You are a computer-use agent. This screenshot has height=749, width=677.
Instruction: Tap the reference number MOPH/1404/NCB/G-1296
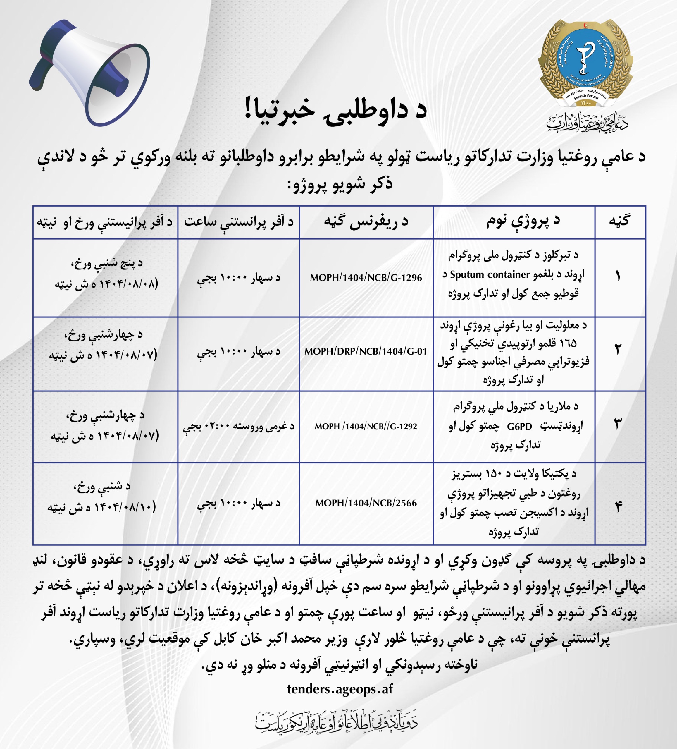click(x=366, y=278)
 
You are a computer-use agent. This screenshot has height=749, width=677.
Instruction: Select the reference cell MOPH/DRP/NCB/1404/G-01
click(x=366, y=351)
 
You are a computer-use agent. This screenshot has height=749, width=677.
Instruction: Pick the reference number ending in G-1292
click(x=366, y=426)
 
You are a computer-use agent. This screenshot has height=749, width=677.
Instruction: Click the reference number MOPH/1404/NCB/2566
click(x=366, y=503)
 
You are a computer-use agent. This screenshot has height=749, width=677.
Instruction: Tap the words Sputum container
click(x=490, y=274)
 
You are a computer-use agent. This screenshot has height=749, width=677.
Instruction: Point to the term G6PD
click(x=519, y=427)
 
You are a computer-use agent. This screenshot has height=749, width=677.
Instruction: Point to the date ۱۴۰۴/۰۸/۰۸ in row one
click(x=124, y=284)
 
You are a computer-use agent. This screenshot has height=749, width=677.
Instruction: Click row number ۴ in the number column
click(x=618, y=507)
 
